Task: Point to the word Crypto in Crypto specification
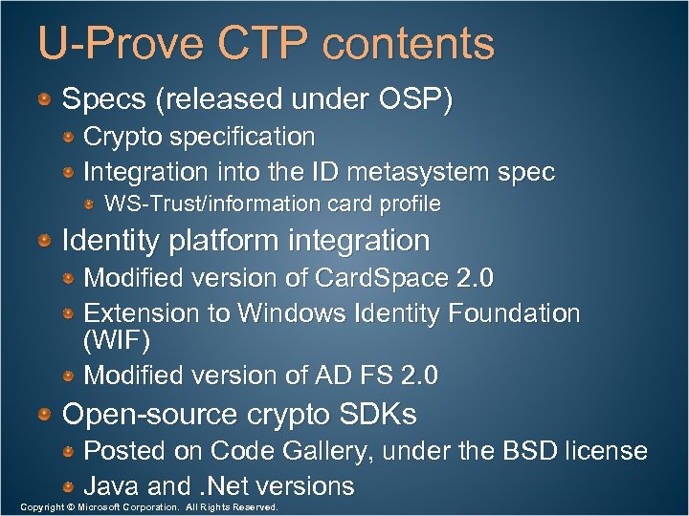(x=124, y=137)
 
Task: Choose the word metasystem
(x=421, y=172)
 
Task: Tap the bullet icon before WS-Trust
(x=89, y=204)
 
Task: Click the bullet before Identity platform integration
(x=46, y=240)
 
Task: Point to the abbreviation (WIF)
(x=117, y=340)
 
